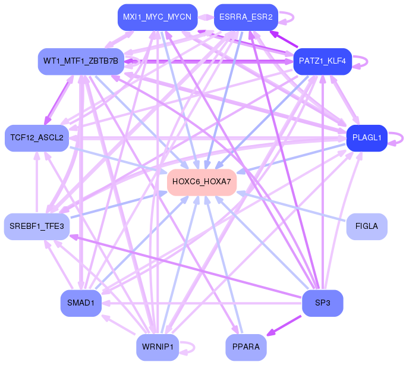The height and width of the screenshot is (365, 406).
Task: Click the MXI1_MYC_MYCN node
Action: point(157,17)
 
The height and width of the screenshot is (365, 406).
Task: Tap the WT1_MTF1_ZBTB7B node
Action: point(80,61)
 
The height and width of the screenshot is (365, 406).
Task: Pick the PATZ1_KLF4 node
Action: point(323,61)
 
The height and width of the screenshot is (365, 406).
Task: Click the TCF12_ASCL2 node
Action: point(36,138)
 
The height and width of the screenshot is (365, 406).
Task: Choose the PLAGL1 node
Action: point(366,138)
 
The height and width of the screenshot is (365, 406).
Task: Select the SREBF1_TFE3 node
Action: point(36,226)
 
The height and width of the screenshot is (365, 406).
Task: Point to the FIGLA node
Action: point(366,226)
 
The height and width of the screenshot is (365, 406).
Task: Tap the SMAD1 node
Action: point(80,303)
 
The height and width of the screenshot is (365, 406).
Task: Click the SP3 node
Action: point(323,303)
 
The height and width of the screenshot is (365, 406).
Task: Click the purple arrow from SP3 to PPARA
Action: point(285,324)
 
